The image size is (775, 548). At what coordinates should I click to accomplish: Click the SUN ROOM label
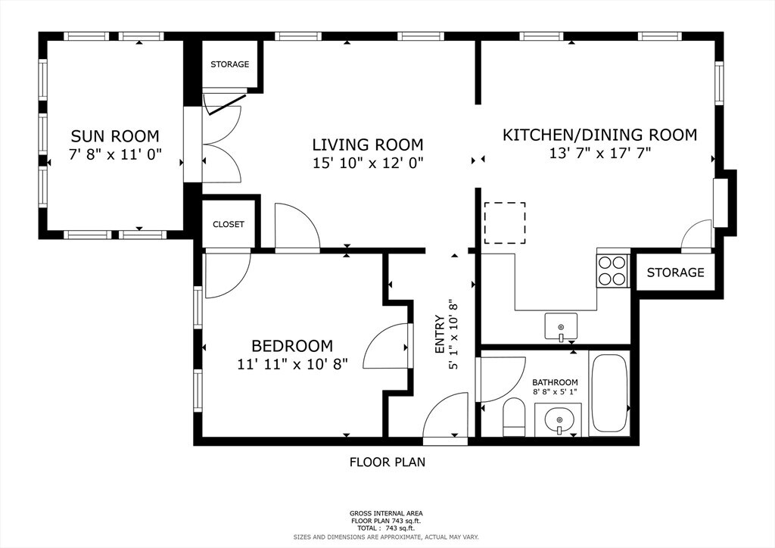click(x=115, y=136)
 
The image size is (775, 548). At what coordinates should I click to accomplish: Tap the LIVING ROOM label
click(x=368, y=145)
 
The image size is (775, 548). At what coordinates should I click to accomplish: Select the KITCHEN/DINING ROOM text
click(x=599, y=135)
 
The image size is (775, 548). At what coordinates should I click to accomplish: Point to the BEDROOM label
click(x=292, y=345)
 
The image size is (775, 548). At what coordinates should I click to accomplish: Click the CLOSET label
click(x=229, y=224)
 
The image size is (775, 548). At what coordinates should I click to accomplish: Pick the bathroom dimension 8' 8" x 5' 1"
click(x=555, y=392)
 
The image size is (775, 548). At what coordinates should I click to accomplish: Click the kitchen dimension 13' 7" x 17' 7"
click(x=600, y=153)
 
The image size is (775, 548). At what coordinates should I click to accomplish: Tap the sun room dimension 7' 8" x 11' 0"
click(x=115, y=154)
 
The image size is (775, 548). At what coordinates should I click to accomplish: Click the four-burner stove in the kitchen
click(x=613, y=270)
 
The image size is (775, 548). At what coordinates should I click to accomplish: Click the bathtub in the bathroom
click(x=609, y=394)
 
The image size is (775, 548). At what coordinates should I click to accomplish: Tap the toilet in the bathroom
click(x=514, y=418)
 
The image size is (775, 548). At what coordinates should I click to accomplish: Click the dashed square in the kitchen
click(x=505, y=223)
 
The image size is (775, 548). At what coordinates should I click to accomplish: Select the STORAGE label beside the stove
click(x=675, y=272)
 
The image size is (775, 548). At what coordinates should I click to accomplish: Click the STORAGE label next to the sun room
click(x=230, y=64)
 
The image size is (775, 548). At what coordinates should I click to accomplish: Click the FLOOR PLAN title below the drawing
click(x=387, y=462)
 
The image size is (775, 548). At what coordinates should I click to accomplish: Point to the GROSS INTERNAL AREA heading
click(x=386, y=513)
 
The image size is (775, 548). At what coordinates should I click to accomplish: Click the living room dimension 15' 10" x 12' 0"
click(x=369, y=163)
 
